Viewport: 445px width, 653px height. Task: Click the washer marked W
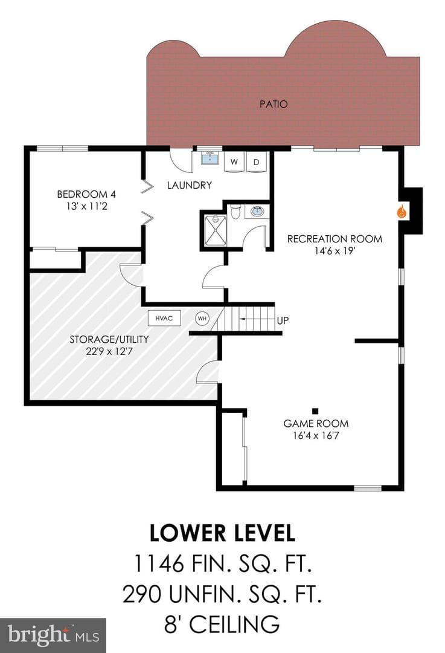click(x=234, y=161)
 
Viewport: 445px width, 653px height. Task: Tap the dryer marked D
click(x=257, y=161)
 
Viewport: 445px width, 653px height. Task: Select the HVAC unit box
click(x=164, y=318)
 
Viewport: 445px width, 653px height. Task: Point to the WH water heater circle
click(x=202, y=319)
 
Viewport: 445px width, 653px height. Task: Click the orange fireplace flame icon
click(x=402, y=212)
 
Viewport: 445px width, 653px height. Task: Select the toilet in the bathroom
click(x=235, y=212)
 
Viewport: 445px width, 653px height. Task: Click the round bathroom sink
click(x=257, y=211)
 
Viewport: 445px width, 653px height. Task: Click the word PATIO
click(x=274, y=104)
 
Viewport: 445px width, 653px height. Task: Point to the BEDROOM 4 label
click(x=86, y=194)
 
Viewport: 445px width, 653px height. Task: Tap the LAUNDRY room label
click(x=190, y=185)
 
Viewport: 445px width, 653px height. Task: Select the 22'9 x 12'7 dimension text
click(x=109, y=351)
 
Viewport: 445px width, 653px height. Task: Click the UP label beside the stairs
click(x=283, y=320)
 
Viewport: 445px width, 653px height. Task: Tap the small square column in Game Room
click(x=315, y=411)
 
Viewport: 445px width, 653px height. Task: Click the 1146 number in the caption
click(x=158, y=564)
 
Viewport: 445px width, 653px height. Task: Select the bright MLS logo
click(x=53, y=635)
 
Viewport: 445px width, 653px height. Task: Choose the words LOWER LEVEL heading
click(x=222, y=533)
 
